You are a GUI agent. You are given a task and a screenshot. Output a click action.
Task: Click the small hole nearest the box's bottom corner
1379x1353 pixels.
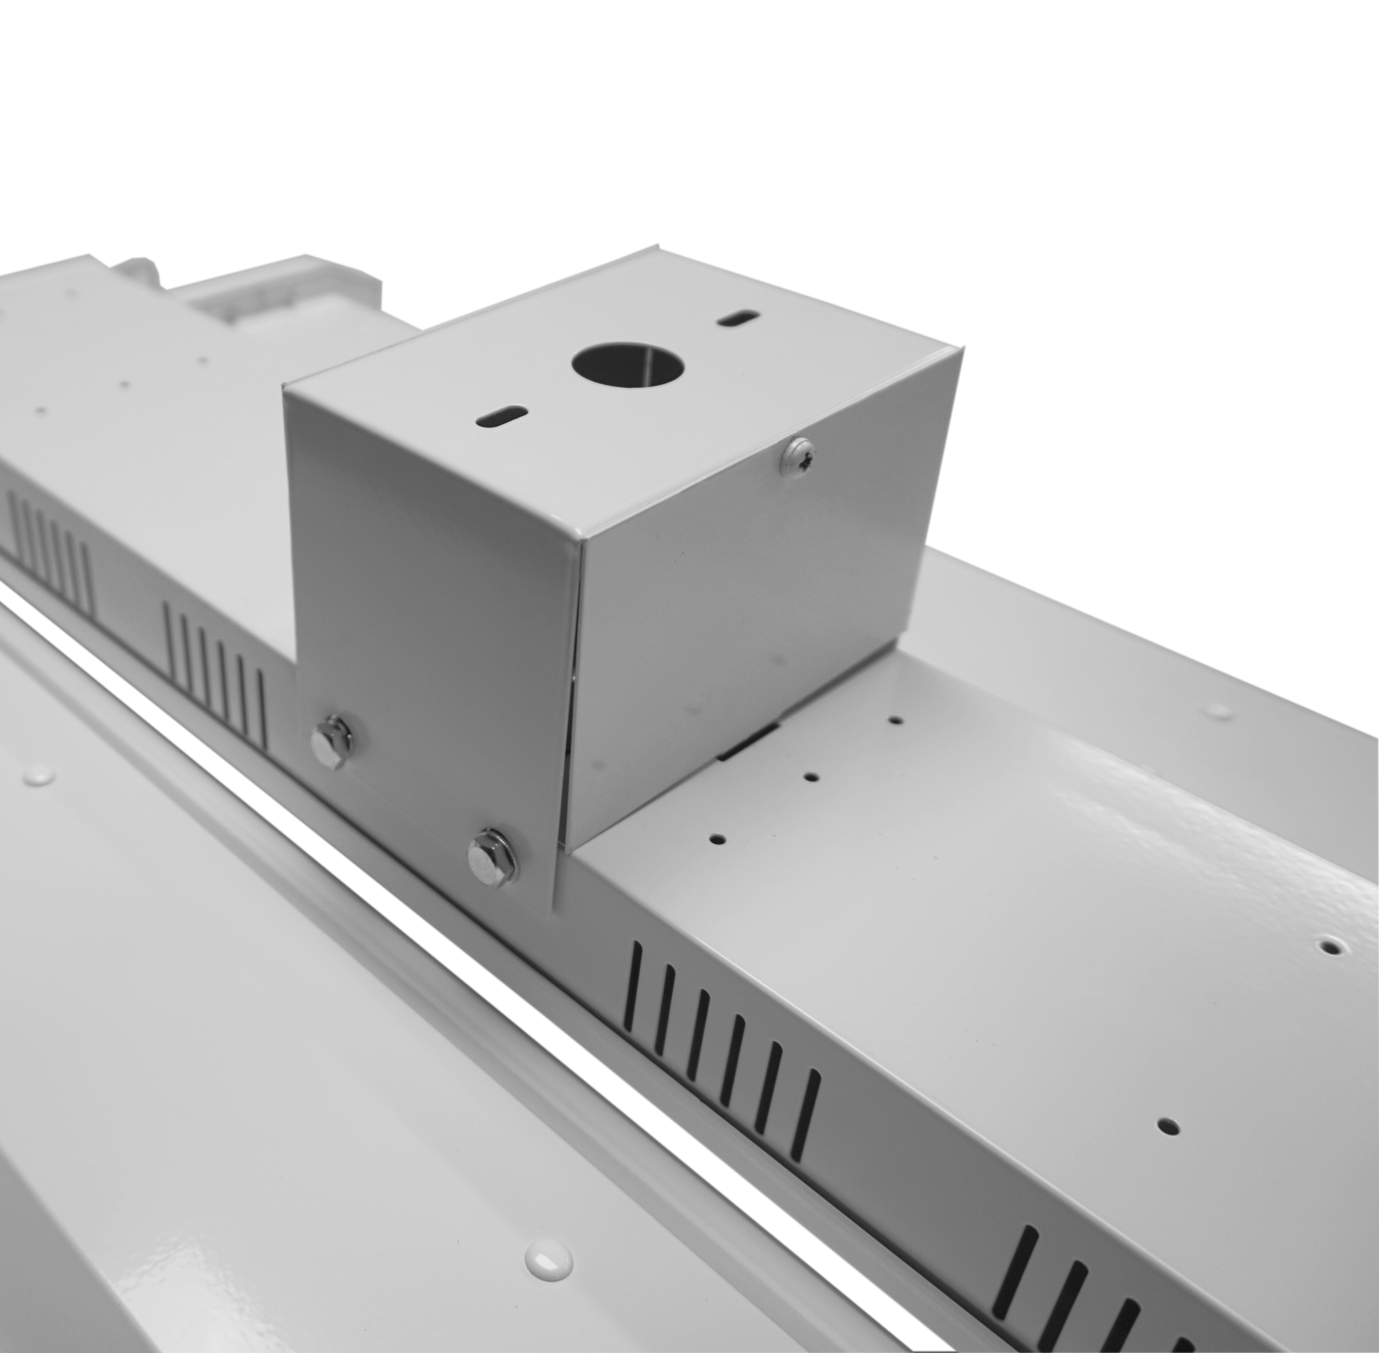pos(718,839)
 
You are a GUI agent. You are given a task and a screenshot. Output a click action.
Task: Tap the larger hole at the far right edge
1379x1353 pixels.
pos(1331,947)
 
